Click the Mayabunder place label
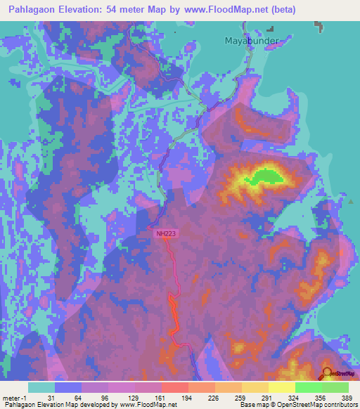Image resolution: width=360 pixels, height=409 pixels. [251, 40]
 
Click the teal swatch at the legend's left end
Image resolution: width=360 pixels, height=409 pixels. [41, 387]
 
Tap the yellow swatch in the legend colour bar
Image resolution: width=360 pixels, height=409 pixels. [281, 387]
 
